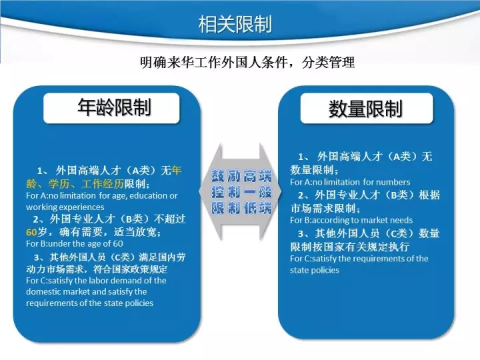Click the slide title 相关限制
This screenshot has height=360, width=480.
point(235,24)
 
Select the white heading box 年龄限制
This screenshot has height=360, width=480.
point(111,108)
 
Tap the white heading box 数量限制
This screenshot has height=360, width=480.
point(367,109)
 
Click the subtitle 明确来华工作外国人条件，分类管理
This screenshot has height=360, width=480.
point(247,62)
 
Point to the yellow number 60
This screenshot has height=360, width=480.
point(31,233)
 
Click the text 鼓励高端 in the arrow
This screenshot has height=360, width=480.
point(241,176)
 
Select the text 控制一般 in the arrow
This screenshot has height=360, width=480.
point(241,192)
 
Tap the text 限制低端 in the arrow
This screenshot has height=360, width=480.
point(241,208)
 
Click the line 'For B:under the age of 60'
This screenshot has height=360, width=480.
point(75,244)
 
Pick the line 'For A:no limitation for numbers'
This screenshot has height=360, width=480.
point(350,182)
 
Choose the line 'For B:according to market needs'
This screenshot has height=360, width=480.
point(351,220)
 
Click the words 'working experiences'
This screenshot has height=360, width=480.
point(65,207)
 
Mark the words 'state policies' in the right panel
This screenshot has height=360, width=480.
point(315,270)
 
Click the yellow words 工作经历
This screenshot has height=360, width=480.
point(103,184)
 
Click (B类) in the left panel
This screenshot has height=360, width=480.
point(135,219)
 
